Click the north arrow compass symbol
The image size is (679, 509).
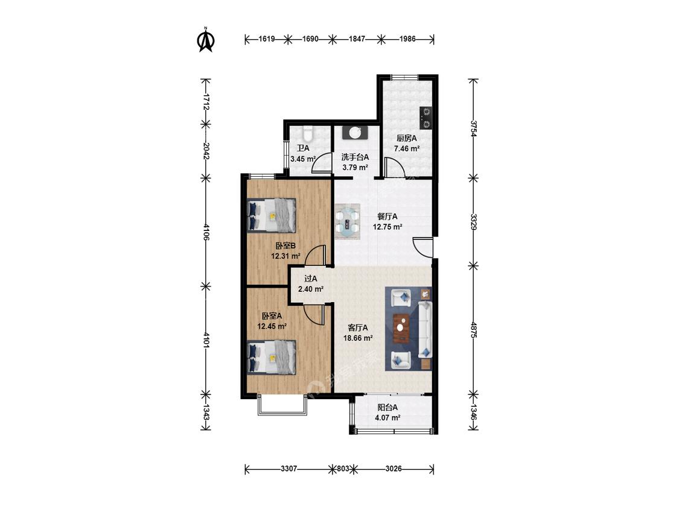[x=206, y=40]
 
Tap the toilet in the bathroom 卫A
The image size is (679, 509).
[x=307, y=131]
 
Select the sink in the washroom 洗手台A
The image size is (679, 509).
[x=355, y=133]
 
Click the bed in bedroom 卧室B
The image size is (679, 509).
[x=272, y=215]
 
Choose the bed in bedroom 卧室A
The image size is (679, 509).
[x=272, y=356]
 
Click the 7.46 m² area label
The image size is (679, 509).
[x=407, y=148]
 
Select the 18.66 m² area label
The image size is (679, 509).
[x=358, y=338]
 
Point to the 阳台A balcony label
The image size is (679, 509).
[x=387, y=407]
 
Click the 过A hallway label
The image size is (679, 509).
[x=310, y=279]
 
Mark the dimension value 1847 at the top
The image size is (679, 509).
[x=357, y=39]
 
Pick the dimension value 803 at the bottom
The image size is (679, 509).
[x=343, y=469]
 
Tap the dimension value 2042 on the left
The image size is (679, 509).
[x=206, y=151]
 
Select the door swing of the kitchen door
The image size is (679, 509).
[x=394, y=168]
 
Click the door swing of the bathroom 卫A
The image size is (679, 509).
[x=321, y=163]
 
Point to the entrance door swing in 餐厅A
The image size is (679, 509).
[x=423, y=247]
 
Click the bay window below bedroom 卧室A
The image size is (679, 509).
[x=282, y=405]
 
